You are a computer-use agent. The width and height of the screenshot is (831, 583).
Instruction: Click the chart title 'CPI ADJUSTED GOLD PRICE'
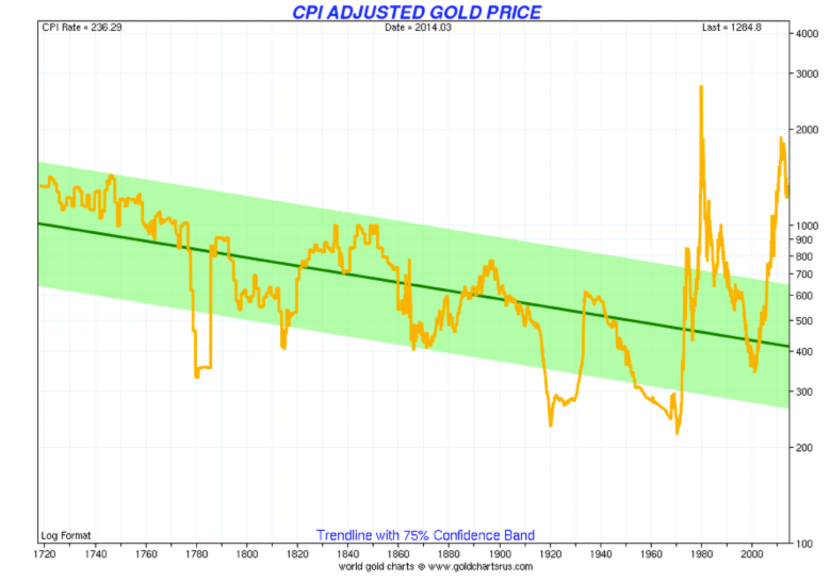coord(416,12)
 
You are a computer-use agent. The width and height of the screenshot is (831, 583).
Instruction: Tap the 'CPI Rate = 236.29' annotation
coord(82,27)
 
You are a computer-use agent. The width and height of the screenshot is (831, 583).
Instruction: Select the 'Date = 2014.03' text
coord(418,27)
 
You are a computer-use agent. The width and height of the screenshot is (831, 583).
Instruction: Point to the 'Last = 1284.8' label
coord(731,27)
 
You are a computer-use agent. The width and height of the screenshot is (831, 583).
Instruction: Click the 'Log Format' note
coord(66,536)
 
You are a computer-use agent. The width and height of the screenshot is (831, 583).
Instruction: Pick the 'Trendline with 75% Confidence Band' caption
coord(425,535)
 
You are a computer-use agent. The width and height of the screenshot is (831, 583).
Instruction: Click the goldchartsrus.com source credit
coord(436,566)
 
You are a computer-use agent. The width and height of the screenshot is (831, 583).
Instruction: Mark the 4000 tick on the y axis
coord(807,34)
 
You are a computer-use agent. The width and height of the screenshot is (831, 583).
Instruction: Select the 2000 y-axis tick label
coord(807,130)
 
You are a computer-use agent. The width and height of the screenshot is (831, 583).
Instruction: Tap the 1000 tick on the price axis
coord(807,226)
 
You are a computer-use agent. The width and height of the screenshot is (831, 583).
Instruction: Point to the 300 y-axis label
coord(804,392)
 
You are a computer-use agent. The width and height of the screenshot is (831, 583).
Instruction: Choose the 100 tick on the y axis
coord(804,544)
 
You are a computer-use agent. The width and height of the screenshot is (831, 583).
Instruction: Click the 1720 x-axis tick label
coord(45,554)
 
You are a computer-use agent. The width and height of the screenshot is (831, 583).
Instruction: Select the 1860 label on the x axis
coord(398,554)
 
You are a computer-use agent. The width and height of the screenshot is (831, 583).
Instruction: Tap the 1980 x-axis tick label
coord(702,554)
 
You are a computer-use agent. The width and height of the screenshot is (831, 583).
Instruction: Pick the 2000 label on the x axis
coord(752,554)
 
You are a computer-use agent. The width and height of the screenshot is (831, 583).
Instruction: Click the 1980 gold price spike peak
coord(701,87)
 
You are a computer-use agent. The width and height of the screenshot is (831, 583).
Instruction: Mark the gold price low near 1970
coord(677,432)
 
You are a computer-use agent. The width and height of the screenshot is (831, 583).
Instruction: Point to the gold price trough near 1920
coord(551,425)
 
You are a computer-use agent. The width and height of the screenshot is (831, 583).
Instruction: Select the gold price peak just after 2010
coord(781,138)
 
